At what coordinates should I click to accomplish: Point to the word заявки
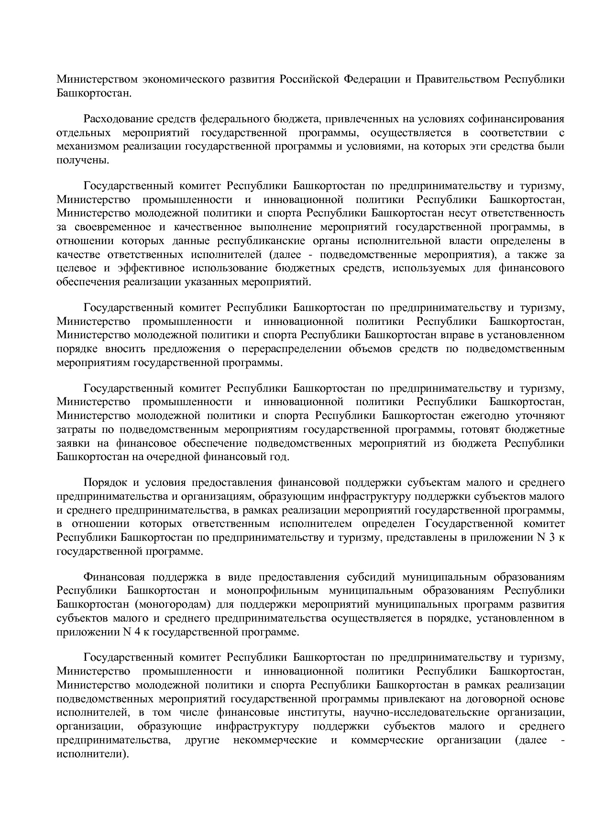(72, 443)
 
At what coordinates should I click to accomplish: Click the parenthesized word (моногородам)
(173, 605)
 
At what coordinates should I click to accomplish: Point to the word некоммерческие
(275, 741)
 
